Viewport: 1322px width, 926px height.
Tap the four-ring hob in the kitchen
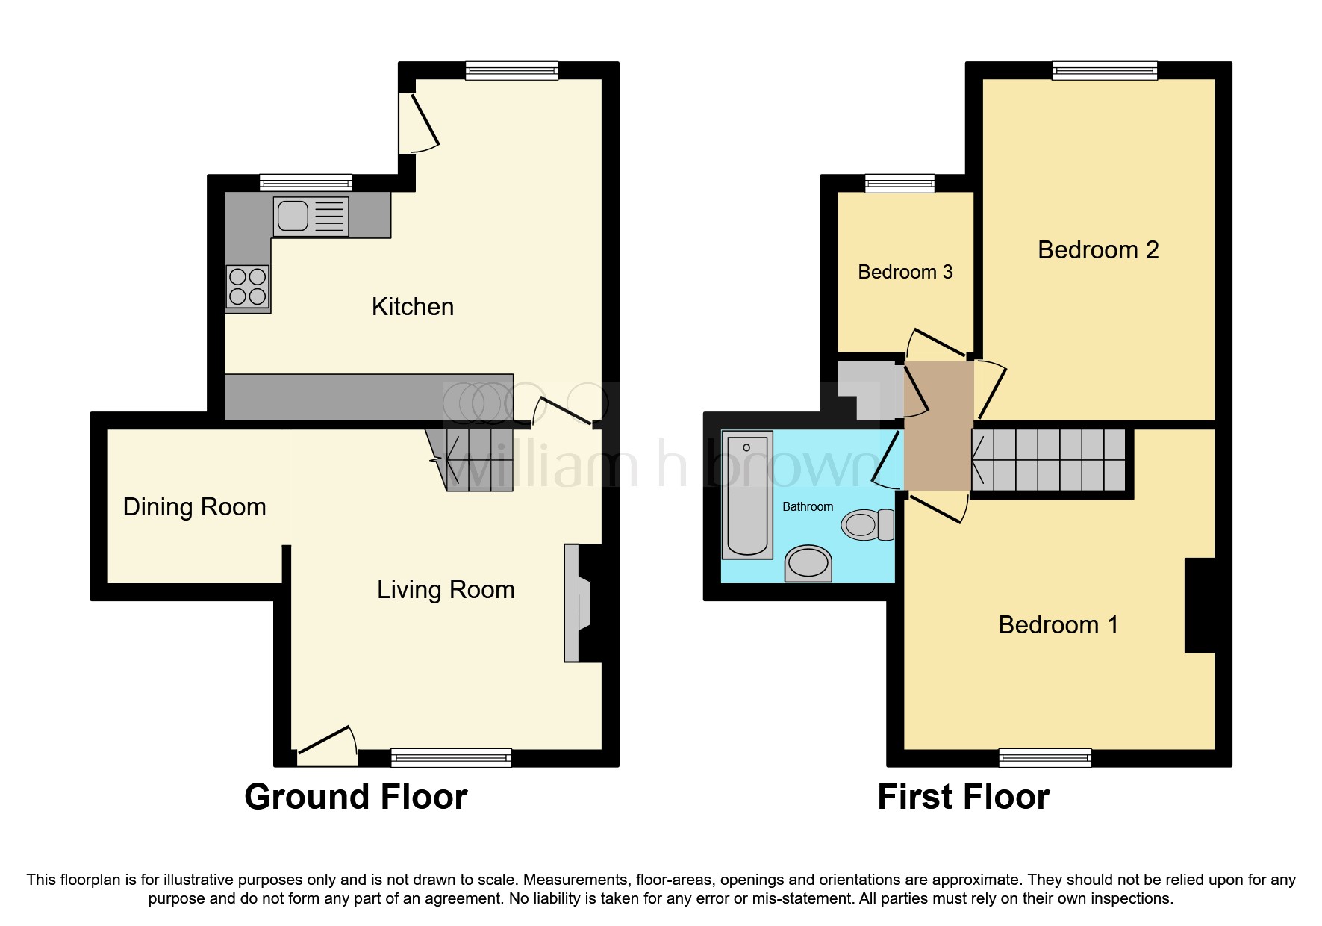point(248,287)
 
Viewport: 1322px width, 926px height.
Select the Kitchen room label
point(413,307)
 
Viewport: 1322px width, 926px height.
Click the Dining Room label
point(194,507)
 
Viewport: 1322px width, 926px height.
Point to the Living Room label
point(446,590)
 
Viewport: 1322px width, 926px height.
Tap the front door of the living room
point(326,747)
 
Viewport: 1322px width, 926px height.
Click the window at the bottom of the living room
point(451,758)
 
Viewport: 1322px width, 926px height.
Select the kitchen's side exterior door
point(418,123)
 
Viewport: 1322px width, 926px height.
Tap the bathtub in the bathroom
point(746,494)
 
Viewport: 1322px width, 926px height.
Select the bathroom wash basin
point(808,563)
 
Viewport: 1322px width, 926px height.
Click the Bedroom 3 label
point(905,272)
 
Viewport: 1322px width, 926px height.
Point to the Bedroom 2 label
point(1097,250)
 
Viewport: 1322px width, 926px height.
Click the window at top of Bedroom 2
point(1104,71)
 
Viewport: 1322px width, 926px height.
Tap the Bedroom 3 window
point(899,183)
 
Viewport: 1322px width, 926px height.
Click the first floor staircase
point(1049,459)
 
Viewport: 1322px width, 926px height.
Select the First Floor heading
point(963,797)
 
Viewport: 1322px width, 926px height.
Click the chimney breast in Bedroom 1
point(1199,605)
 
